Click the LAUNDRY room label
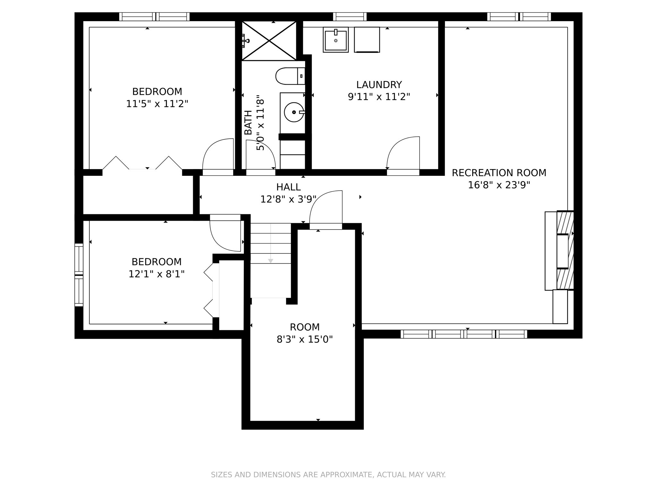click(379, 85)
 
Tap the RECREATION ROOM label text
click(499, 173)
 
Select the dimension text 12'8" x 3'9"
click(288, 199)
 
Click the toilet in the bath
click(289, 76)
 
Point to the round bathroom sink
click(294, 112)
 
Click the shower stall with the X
click(269, 41)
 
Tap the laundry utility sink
click(336, 40)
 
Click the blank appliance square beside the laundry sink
click(367, 39)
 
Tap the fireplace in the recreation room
click(564, 250)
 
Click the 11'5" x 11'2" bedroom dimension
click(157, 104)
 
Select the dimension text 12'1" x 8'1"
click(156, 274)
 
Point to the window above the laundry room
click(350, 17)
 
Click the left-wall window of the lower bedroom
click(79, 275)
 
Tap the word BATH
click(248, 122)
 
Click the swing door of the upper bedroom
click(218, 155)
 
